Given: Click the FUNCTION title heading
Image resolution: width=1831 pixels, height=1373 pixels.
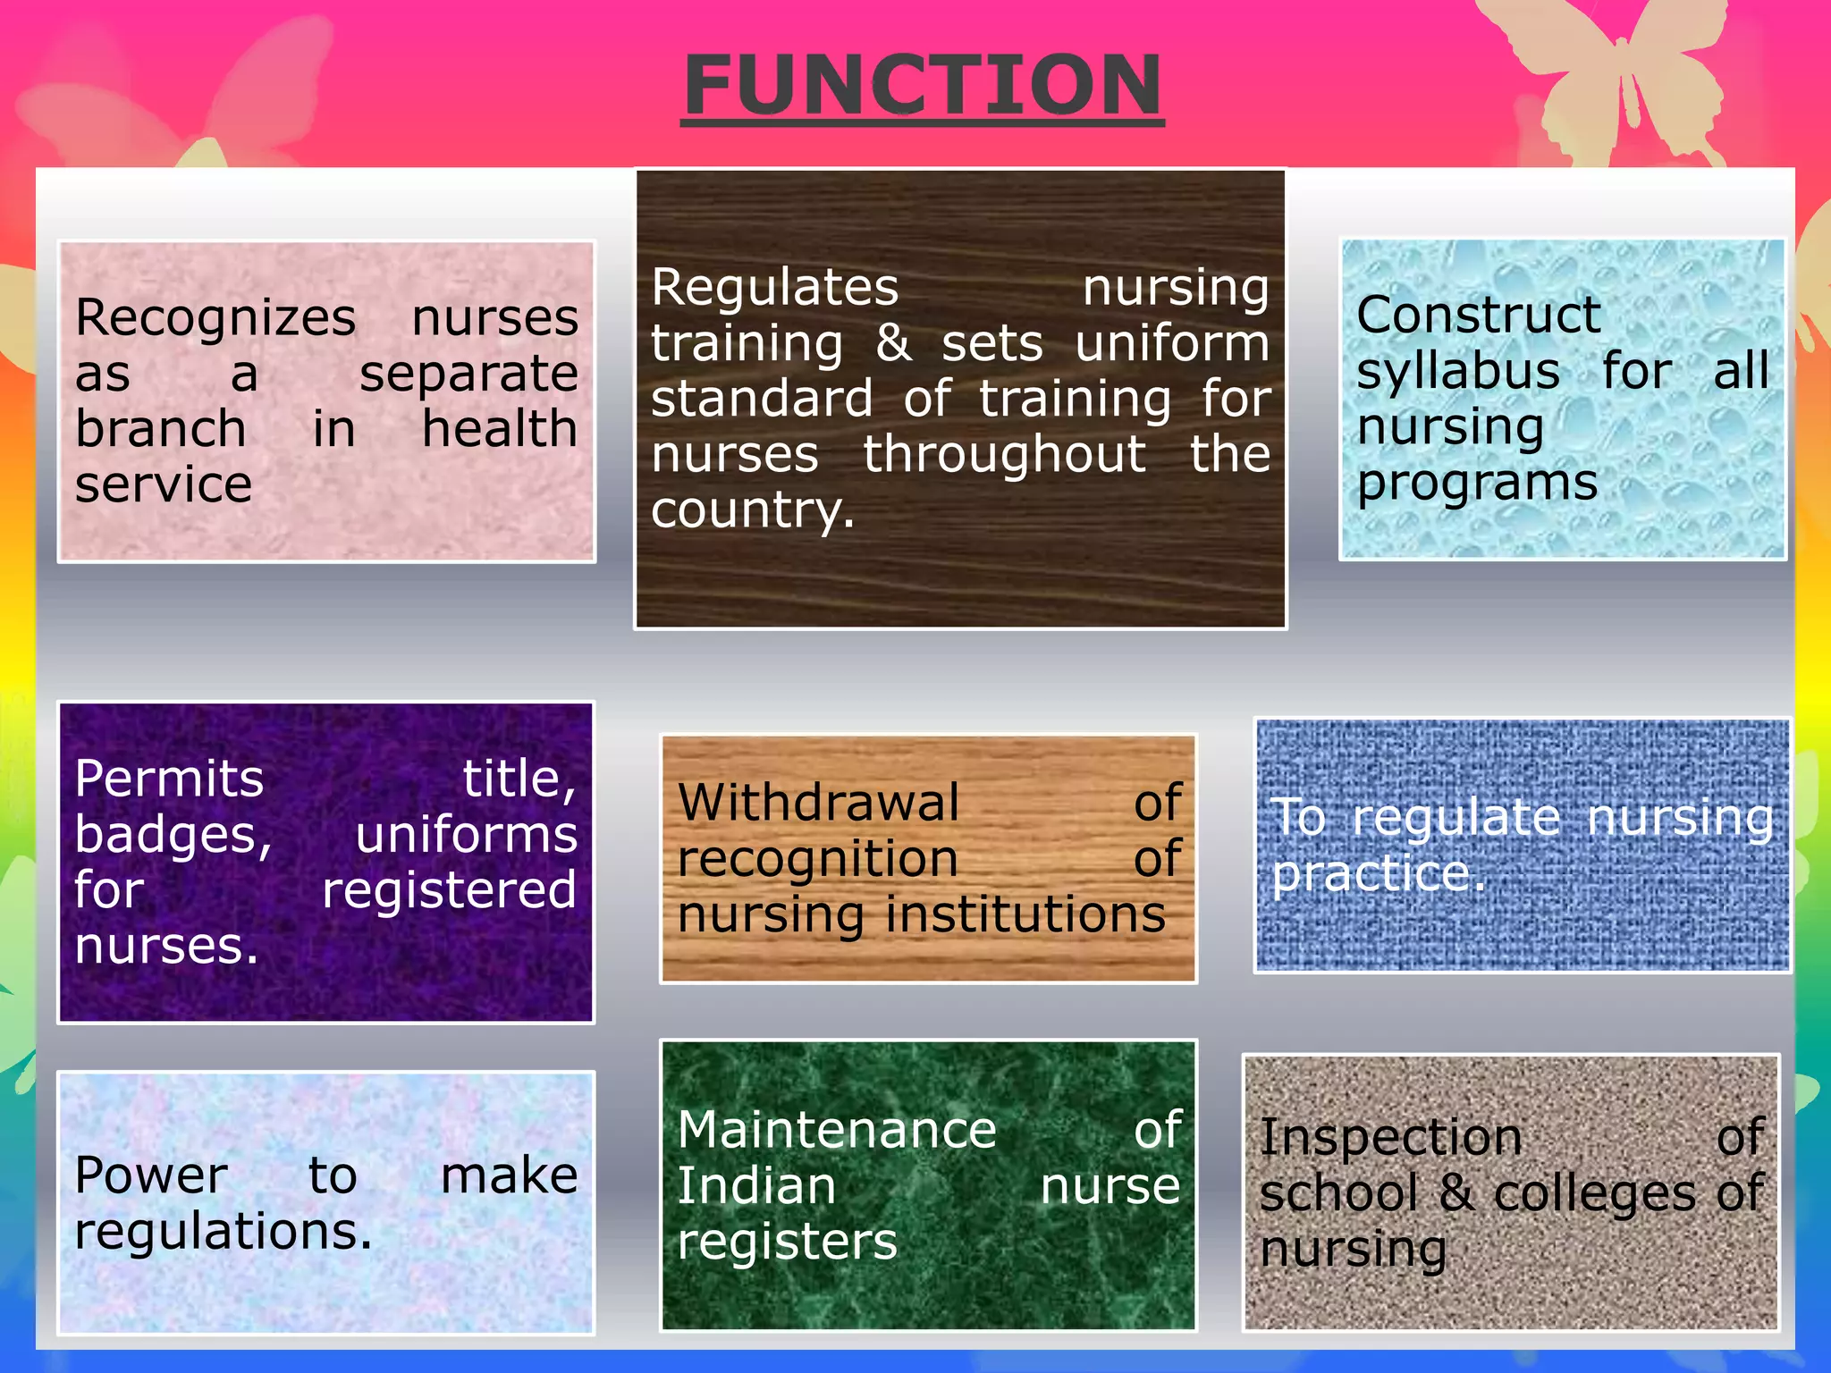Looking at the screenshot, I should click(922, 86).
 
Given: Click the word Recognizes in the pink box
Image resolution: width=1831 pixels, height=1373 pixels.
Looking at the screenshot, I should click(215, 318).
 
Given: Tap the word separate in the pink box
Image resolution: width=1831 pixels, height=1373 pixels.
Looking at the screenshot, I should click(468, 374).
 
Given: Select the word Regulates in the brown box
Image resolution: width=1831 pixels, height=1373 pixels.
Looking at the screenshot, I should click(774, 289).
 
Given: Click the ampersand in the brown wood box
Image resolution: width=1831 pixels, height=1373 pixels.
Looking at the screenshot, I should click(893, 344).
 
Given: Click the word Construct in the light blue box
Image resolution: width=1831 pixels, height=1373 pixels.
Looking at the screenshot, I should click(1478, 316).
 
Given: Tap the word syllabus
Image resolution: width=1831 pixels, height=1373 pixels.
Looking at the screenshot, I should click(1457, 372).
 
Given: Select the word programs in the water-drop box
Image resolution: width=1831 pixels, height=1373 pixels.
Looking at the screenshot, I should click(1477, 484).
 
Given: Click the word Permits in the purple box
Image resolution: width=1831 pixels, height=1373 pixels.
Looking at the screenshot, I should click(169, 779).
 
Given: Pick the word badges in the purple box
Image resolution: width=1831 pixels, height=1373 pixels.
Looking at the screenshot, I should click(172, 836).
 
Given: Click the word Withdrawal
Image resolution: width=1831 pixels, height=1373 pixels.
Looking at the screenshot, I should click(818, 803).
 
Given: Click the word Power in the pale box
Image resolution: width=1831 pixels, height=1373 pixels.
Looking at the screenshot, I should click(150, 1175).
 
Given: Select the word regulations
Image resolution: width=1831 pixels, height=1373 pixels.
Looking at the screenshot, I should click(222, 1233).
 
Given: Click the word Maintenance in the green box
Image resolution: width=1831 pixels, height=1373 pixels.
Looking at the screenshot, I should click(836, 1131).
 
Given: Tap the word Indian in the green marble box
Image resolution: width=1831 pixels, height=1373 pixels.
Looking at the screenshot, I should click(755, 1187).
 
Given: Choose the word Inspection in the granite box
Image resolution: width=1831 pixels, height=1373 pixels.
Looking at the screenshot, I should click(1390, 1139).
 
